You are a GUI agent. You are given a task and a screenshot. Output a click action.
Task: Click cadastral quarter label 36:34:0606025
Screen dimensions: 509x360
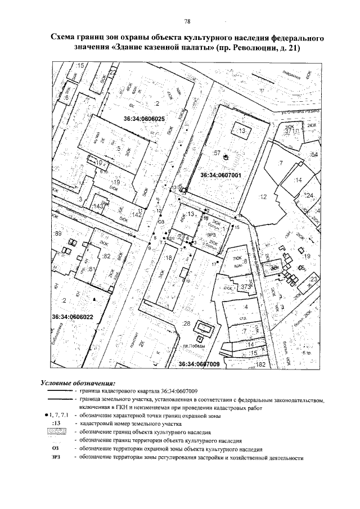144,119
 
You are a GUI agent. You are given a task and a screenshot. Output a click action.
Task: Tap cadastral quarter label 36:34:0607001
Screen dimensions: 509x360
220,175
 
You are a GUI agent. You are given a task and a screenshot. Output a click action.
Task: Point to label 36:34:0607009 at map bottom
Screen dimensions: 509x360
199,364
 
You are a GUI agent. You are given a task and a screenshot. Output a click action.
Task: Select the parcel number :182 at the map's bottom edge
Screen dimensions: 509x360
259,365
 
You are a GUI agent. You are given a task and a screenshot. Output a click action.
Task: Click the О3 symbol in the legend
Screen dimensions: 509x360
55,449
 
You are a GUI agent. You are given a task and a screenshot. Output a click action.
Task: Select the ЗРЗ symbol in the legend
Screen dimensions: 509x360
56,458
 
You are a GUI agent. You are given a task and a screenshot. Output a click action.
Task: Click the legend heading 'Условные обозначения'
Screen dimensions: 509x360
78,382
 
